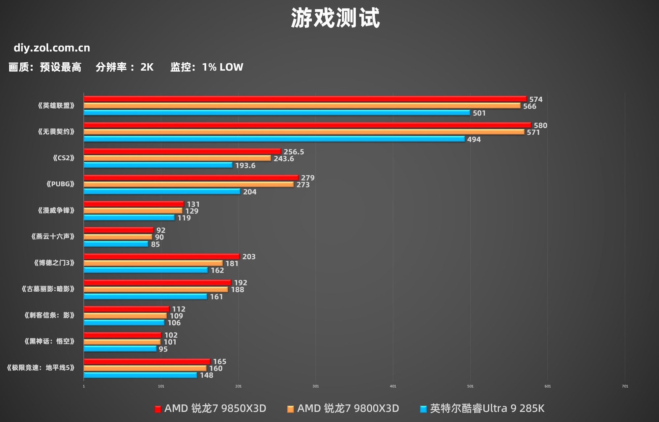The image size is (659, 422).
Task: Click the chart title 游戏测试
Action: click(335, 18)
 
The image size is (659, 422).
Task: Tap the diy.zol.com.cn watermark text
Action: click(52, 48)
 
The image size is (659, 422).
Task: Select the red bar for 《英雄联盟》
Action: click(305, 99)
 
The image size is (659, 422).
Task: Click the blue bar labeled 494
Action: click(274, 139)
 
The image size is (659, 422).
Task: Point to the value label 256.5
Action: click(294, 152)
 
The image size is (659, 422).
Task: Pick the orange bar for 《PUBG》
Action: click(188, 184)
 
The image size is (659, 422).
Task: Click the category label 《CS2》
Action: click(64, 158)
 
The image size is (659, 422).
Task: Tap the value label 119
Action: click(184, 218)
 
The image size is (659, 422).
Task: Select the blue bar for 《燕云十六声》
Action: click(116, 244)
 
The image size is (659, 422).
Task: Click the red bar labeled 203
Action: click(161, 256)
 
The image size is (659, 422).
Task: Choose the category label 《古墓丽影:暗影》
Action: click(48, 289)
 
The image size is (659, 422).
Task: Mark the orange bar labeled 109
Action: click(125, 316)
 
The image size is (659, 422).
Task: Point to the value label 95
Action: click(163, 349)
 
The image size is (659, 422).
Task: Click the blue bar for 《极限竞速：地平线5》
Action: click(140, 375)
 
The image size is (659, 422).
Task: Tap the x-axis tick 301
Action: click(316, 386)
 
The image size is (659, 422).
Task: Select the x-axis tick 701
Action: click(625, 386)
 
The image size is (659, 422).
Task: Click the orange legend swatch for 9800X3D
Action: click(290, 409)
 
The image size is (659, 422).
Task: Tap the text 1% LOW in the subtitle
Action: click(223, 67)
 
